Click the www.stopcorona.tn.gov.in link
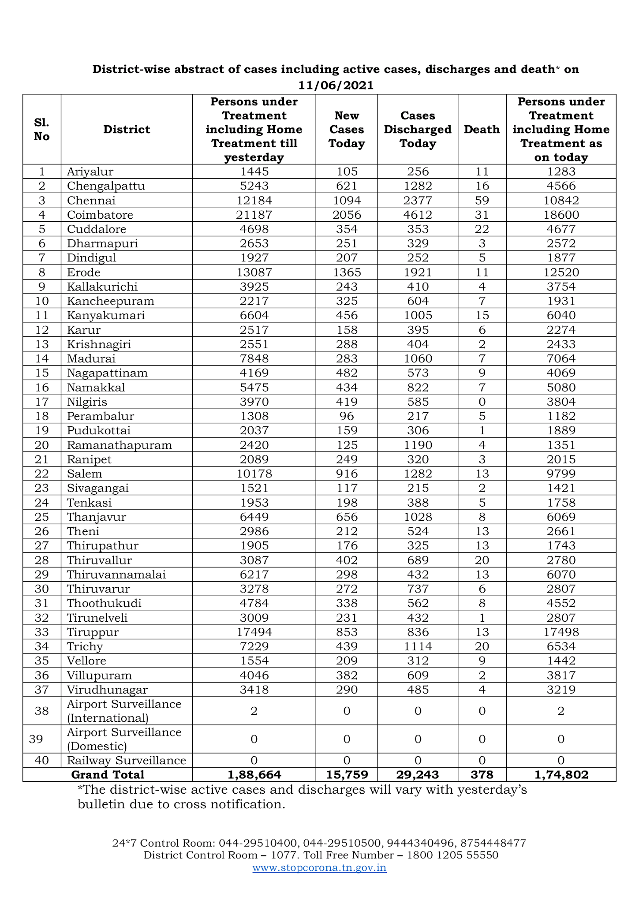click(x=319, y=868)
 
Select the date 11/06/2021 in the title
click(x=336, y=85)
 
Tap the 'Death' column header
click(x=482, y=129)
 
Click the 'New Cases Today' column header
click(x=347, y=129)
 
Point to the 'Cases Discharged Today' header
click(x=418, y=129)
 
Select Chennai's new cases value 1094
click(x=347, y=201)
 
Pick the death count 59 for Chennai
click(x=482, y=201)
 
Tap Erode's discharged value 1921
click(x=418, y=272)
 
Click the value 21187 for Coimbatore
click(x=254, y=215)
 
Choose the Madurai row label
click(x=91, y=358)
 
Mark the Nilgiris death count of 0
click(x=482, y=402)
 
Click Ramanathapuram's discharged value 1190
click(x=418, y=445)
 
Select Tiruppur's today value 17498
click(x=561, y=632)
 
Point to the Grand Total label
click(x=108, y=775)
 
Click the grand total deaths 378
click(x=482, y=775)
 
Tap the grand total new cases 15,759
click(x=347, y=775)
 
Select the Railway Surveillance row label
click(x=127, y=760)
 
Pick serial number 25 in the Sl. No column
click(x=42, y=517)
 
